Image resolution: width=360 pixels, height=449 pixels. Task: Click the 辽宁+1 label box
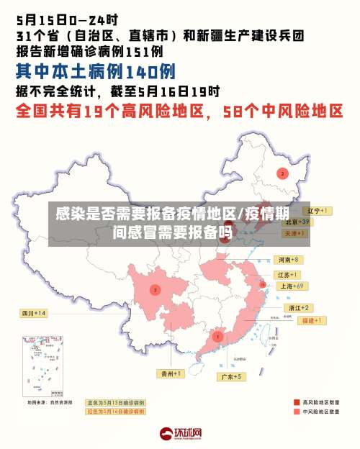(318, 211)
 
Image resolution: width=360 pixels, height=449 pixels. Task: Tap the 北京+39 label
(296, 222)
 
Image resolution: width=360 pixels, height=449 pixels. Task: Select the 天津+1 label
(295, 234)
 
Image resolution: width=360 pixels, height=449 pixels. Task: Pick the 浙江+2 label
(298, 307)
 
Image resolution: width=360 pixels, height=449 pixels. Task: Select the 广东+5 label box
(230, 376)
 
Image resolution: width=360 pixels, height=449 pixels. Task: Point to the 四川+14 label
(33, 313)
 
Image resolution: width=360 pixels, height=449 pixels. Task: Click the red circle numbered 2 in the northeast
(282, 173)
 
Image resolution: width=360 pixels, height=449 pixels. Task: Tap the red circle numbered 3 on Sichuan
(155, 289)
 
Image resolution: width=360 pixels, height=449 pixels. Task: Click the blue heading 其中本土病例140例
(95, 71)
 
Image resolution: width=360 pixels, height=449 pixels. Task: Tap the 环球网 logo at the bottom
(180, 434)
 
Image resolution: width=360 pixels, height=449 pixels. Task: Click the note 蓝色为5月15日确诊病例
(115, 402)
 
